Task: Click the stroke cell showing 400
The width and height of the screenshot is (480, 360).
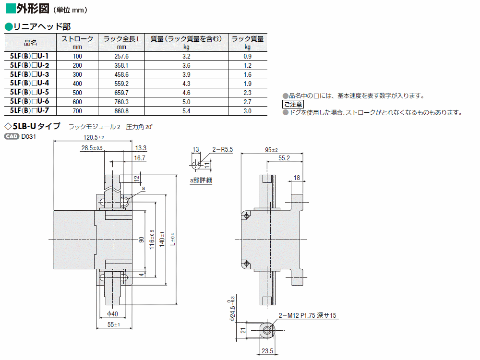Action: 77,84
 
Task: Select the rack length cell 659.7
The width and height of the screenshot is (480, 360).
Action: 121,93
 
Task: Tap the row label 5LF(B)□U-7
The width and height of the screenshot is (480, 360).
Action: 29,110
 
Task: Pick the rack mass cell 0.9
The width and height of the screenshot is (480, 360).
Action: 247,56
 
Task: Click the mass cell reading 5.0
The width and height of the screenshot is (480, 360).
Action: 186,102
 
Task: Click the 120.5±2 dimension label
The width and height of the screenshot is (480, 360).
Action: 94,137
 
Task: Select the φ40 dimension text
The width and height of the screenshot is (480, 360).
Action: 113,314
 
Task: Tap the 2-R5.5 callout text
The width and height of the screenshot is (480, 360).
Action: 223,149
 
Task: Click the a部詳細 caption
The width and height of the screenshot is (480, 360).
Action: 201,180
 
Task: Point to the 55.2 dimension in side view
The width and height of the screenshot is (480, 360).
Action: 284,158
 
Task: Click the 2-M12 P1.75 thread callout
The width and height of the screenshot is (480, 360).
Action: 307,315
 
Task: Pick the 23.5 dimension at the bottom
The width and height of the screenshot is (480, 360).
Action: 267,351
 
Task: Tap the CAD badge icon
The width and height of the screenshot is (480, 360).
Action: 12,136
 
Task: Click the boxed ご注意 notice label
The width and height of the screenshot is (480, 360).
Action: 293,104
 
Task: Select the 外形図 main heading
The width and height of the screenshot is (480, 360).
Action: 33,9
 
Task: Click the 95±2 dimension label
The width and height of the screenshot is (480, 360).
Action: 271,150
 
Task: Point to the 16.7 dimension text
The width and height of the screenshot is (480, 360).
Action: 140,158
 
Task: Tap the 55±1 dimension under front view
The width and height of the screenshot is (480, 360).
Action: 114,324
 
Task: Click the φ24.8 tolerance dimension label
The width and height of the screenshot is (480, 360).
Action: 232,309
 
